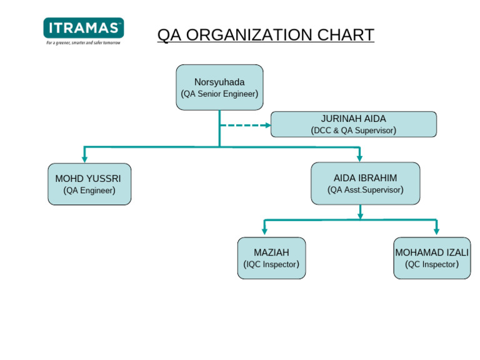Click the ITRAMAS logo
click(x=83, y=28)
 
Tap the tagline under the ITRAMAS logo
click(x=83, y=42)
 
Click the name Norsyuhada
click(x=219, y=82)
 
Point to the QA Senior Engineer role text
click(x=219, y=94)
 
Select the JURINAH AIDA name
click(x=353, y=119)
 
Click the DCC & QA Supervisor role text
click(x=353, y=131)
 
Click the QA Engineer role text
click(x=89, y=191)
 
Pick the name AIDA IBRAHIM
click(x=365, y=177)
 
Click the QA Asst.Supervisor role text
click(x=365, y=189)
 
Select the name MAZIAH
click(x=271, y=252)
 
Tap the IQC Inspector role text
click(x=271, y=264)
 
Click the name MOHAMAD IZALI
click(x=432, y=252)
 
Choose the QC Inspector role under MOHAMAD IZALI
click(x=432, y=264)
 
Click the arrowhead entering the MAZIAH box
click(x=264, y=231)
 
